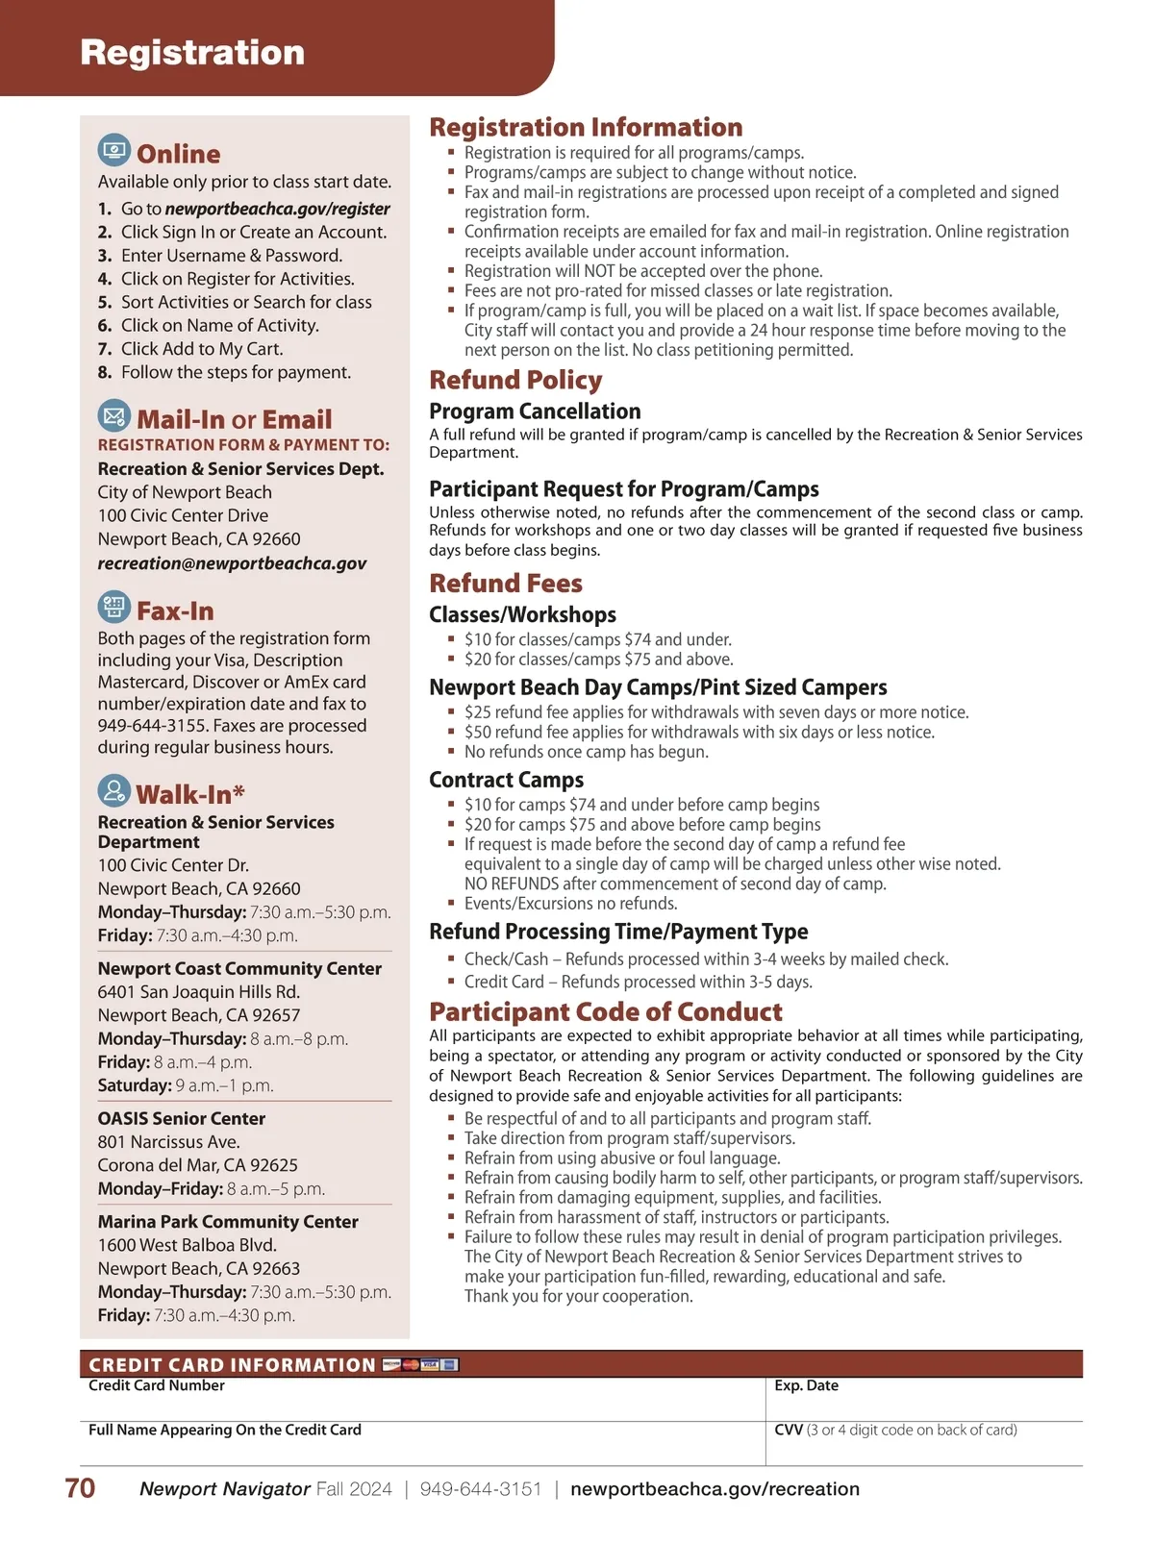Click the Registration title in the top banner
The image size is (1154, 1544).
pos(192,52)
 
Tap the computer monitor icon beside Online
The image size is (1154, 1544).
pos(114,150)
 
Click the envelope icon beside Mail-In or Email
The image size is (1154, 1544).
pos(114,415)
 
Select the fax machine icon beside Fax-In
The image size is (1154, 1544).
pos(114,607)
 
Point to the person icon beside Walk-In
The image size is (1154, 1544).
pos(114,790)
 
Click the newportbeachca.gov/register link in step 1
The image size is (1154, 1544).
pos(277,209)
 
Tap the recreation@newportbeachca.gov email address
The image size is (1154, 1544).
pos(232,563)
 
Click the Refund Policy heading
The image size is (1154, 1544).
pos(515,381)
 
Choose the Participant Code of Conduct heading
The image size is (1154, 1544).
pos(606,1012)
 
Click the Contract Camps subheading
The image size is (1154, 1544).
pos(506,780)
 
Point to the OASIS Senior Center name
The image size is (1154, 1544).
pos(181,1118)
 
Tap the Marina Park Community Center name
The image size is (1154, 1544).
pos(228,1222)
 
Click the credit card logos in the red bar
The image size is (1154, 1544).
pos(421,1364)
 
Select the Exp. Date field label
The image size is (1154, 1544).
pos(806,1385)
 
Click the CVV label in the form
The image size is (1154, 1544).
pos(789,1430)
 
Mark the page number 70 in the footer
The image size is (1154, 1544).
pos(80,1488)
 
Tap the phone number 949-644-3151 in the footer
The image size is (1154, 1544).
pos(481,1489)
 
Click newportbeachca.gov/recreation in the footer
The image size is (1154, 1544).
pos(715,1489)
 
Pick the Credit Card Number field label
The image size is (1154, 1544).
pos(157,1385)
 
